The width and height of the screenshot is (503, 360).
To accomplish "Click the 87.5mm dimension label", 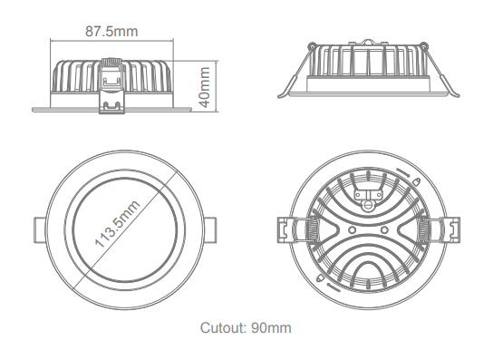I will pyautogui.click(x=111, y=32).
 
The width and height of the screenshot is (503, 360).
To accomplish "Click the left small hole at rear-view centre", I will pyautogui.click(x=348, y=229).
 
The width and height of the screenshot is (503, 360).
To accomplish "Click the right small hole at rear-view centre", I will pyautogui.click(x=384, y=229).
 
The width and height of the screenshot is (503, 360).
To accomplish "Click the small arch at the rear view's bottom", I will pyautogui.click(x=366, y=272).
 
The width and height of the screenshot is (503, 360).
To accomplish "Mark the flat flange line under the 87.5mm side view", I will pyautogui.click(x=111, y=111).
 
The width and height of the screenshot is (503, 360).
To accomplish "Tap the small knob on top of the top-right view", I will pyautogui.click(x=370, y=41).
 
